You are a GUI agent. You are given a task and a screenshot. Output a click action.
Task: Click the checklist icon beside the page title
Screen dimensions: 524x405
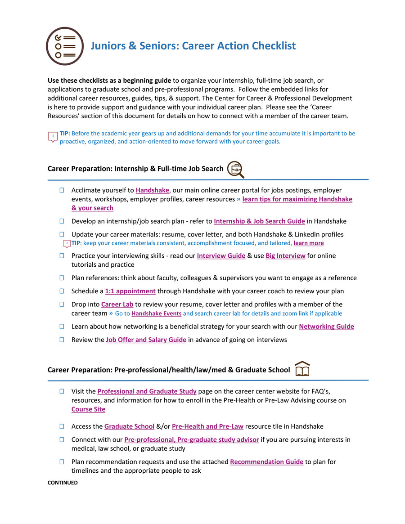(x=65, y=46)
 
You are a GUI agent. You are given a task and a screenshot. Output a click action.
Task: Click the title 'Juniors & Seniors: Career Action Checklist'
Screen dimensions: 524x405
(x=193, y=46)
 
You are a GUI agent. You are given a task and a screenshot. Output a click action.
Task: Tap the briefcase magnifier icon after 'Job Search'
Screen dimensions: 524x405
(x=235, y=169)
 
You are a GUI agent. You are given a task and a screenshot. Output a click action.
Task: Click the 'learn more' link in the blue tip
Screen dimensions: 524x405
(x=308, y=243)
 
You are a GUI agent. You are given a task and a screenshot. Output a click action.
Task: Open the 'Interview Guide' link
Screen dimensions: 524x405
(x=221, y=256)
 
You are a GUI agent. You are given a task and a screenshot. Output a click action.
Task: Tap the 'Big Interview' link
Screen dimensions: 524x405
(x=285, y=256)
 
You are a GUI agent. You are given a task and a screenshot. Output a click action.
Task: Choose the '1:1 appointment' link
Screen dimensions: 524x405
(x=130, y=291)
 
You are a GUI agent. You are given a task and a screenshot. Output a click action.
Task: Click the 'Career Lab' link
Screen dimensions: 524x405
(x=117, y=305)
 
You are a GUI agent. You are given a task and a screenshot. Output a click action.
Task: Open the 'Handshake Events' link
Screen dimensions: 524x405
(x=156, y=314)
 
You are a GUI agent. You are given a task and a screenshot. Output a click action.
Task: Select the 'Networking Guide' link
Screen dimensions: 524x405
(x=326, y=327)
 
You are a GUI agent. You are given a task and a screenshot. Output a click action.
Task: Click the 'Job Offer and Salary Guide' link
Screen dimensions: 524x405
(x=146, y=340)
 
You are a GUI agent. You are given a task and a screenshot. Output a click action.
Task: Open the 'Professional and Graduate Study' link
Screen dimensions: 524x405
(x=147, y=391)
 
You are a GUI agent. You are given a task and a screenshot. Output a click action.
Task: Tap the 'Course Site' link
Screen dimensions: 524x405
(x=88, y=409)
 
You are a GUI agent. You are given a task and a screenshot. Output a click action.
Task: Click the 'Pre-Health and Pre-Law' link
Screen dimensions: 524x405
(x=207, y=426)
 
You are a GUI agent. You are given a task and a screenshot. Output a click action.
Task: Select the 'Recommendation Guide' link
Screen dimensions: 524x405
(x=266, y=462)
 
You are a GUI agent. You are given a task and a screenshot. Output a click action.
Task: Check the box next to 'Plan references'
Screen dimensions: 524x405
(x=61, y=278)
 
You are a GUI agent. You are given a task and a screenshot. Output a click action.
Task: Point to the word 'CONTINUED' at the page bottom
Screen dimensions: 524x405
(x=63, y=483)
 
